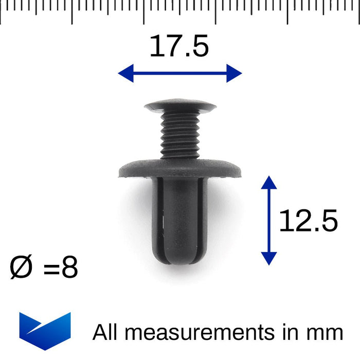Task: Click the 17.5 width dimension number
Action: [179, 46]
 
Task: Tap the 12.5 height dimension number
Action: [308, 221]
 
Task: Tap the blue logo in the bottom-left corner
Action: [45, 330]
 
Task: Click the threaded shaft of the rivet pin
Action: [180, 136]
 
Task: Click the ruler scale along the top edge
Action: [180, 10]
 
